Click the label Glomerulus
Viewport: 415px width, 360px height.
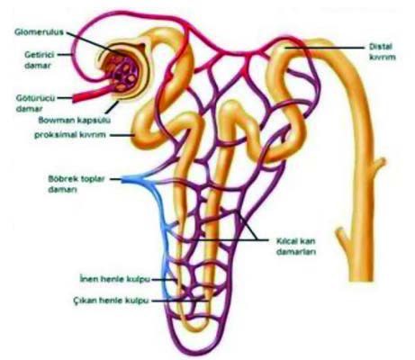[39, 31]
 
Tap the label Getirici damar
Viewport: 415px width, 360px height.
[39, 60]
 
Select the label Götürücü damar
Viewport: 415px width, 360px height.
[36, 103]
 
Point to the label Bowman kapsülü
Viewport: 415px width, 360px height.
[75, 121]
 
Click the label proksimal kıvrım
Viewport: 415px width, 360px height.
[70, 135]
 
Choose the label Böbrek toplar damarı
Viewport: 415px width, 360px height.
[77, 184]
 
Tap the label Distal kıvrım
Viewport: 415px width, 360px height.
[382, 52]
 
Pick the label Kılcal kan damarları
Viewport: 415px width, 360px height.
[295, 246]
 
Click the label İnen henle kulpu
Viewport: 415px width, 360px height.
[114, 279]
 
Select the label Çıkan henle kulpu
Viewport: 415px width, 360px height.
[111, 301]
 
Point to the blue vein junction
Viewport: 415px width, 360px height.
[141, 180]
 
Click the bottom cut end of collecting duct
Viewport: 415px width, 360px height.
[362, 280]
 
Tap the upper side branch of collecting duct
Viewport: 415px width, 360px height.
[379, 164]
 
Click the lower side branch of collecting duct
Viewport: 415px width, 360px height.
[342, 236]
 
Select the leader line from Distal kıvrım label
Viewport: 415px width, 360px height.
[324, 48]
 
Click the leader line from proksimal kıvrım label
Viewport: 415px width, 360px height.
[122, 135]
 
